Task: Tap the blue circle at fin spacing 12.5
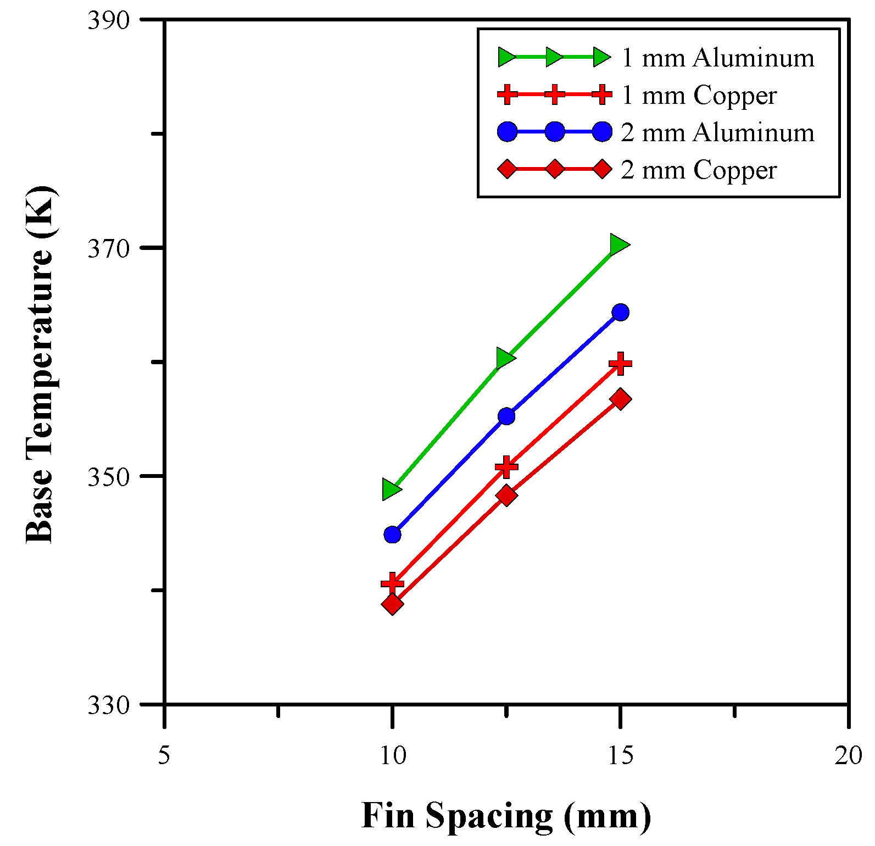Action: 506,416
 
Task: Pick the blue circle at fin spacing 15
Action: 620,313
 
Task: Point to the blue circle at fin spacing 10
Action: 392,535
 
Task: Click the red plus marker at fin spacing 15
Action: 620,363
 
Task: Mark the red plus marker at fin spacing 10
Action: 392,583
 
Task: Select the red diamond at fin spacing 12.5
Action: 506,496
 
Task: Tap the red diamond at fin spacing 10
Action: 392,604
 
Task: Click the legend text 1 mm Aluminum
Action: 717,58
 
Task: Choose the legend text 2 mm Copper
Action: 699,170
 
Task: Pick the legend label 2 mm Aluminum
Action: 717,132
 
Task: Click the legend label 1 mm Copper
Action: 699,95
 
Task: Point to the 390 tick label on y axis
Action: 108,20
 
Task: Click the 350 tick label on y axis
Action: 108,477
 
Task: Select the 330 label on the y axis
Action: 108,705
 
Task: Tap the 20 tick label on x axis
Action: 848,756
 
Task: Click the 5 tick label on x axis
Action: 164,756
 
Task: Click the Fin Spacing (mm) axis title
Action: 506,815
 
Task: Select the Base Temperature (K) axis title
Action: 40,364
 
